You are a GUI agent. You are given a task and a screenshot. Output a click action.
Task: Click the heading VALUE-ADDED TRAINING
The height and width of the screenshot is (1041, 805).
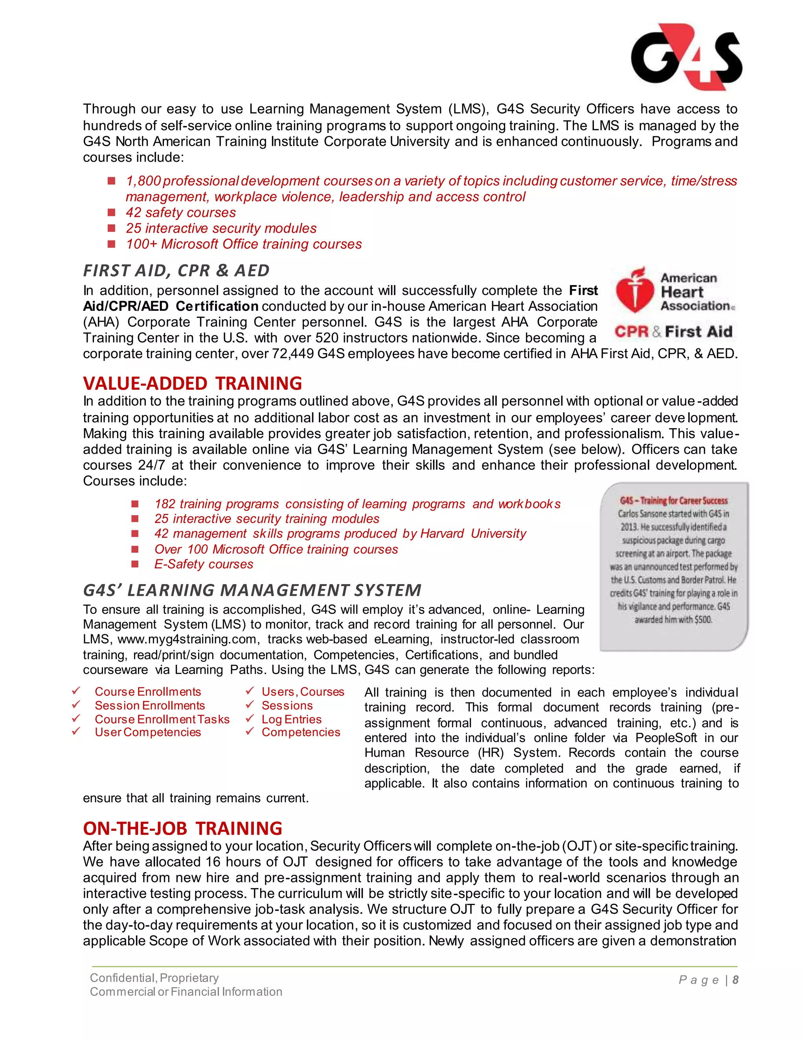(192, 383)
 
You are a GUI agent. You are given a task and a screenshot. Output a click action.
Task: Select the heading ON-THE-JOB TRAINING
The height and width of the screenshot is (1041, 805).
(183, 828)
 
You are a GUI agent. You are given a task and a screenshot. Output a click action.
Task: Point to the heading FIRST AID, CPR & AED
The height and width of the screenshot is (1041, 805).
(176, 270)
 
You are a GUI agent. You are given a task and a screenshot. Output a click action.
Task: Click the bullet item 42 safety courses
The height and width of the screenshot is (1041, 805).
(181, 213)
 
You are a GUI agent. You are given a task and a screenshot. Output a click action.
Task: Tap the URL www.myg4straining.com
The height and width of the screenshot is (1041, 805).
(188, 639)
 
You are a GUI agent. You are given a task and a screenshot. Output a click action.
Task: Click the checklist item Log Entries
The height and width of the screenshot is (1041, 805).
(291, 719)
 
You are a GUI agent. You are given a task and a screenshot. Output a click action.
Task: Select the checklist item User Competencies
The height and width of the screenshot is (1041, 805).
(148, 732)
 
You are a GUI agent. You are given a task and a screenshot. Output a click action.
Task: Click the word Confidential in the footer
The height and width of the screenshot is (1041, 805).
(121, 978)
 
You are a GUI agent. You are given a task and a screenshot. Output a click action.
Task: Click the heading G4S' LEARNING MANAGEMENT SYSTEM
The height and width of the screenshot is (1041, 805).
(252, 590)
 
